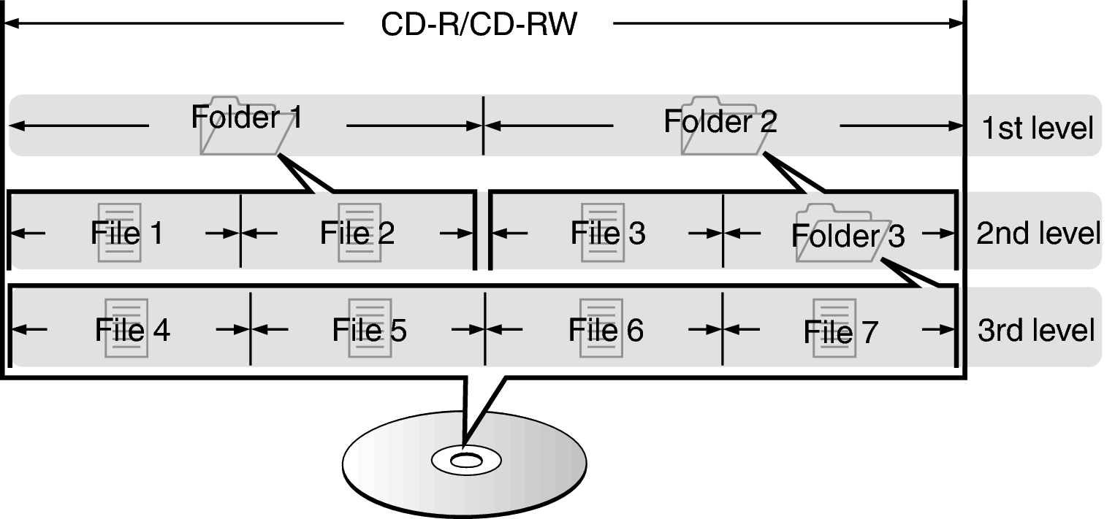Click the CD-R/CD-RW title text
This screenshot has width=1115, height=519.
tap(479, 26)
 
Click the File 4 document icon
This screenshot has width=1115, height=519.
tap(126, 327)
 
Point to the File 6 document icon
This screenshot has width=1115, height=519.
tap(601, 327)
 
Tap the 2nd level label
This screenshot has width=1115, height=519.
tap(1038, 234)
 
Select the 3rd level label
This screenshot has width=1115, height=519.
tap(1036, 330)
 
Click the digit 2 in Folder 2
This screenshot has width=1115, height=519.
tap(768, 122)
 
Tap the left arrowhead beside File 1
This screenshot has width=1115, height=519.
tap(18, 233)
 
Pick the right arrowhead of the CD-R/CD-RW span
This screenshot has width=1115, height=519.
tap(956, 24)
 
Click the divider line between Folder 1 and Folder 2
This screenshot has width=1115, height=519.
tap(483, 126)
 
